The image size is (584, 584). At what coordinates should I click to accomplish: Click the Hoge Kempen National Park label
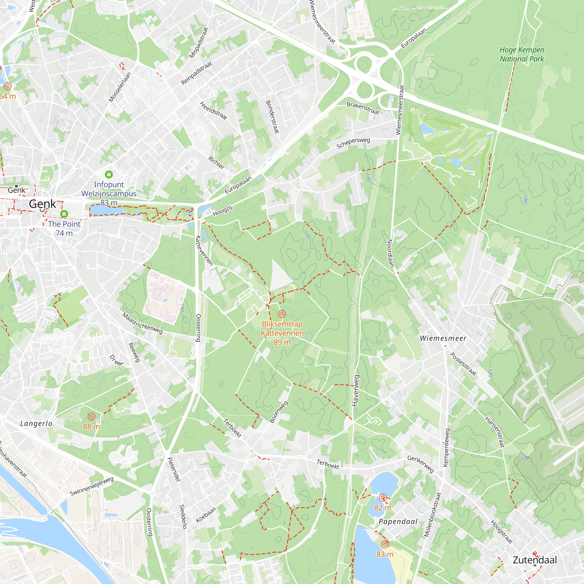(522, 54)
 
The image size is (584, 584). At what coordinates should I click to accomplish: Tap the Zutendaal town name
(535, 560)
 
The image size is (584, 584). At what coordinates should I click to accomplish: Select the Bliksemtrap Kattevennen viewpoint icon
(282, 314)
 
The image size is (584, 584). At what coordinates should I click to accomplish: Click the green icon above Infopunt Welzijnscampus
(109, 174)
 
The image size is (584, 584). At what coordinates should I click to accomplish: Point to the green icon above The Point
(64, 214)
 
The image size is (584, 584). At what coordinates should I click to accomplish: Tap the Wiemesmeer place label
(443, 338)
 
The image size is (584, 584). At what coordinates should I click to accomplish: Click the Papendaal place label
(398, 522)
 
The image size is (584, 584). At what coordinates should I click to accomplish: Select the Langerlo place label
(36, 423)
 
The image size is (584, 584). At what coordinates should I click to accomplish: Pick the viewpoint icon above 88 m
(91, 417)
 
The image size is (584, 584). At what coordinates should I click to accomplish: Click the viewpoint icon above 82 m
(383, 498)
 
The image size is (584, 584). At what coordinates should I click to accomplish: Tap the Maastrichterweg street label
(142, 324)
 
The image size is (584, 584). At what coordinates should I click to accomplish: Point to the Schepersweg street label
(353, 143)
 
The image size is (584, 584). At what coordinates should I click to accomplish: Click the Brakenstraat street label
(363, 108)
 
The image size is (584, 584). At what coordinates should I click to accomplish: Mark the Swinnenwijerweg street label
(92, 486)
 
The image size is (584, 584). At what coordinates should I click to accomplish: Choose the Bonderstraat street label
(272, 117)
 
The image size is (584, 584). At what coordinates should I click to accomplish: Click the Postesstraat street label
(463, 364)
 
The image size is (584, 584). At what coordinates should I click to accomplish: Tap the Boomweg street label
(279, 412)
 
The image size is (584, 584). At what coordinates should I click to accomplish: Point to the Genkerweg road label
(420, 464)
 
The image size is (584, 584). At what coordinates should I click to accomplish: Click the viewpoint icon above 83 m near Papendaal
(385, 544)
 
